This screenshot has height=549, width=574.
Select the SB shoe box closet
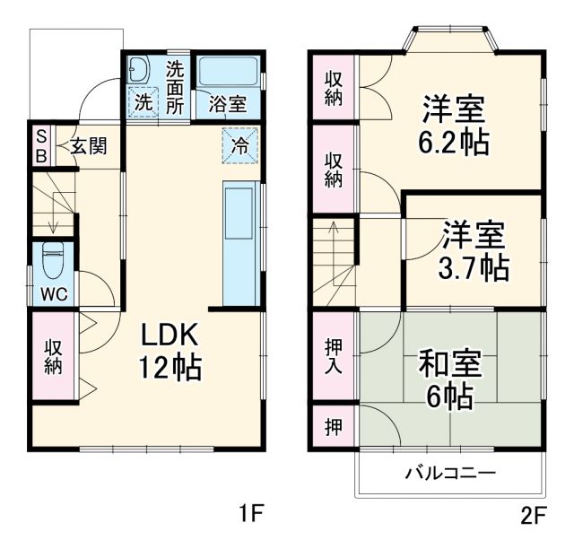pos(40,144)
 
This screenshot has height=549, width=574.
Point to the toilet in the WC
pos(52,261)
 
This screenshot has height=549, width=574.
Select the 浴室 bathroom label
pos(227,104)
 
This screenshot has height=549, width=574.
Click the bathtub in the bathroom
pos(228,73)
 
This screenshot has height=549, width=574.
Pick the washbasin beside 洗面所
pos(140,70)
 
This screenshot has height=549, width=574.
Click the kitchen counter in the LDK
pos(240,242)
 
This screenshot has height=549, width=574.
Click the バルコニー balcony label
pos(450,473)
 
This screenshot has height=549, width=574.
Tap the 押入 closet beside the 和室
pos(333,355)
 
